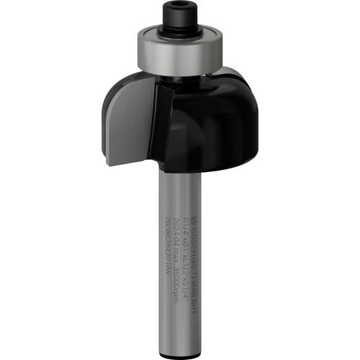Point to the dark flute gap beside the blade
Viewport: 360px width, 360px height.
tap(160, 122)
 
